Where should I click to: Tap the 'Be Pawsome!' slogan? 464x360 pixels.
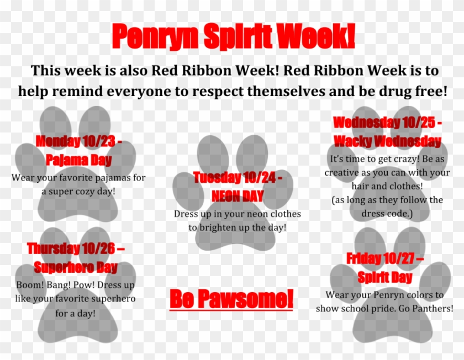pos(231,299)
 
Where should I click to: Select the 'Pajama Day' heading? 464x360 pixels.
pos(78,160)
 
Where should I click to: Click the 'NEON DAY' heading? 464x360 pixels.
pos(238,195)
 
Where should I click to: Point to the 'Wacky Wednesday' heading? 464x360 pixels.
pos(387,141)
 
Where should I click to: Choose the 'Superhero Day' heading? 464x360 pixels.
pos(76,268)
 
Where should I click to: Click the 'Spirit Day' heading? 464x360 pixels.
pos(384,277)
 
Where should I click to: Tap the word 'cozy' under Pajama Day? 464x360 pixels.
pos(83,191)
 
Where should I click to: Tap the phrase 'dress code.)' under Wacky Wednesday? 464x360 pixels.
pos(387,213)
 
